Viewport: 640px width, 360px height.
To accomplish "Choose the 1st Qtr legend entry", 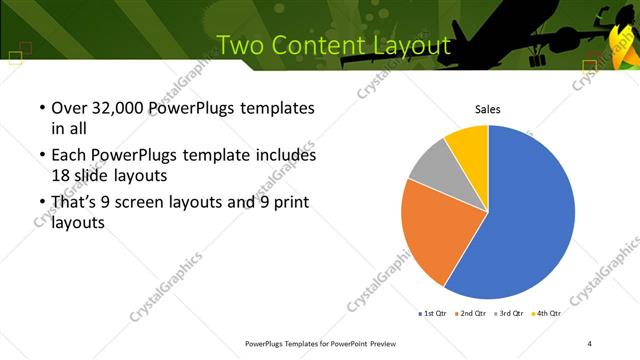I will click(x=433, y=314).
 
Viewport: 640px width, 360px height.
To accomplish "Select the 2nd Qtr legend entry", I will click(x=471, y=314).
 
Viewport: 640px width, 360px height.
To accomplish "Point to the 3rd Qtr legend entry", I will click(x=509, y=314).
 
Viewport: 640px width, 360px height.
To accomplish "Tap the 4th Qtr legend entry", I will click(x=546, y=314).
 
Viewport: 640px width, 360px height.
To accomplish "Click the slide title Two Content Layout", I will click(x=333, y=46).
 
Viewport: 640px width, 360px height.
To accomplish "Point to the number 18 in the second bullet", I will click(x=60, y=175).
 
